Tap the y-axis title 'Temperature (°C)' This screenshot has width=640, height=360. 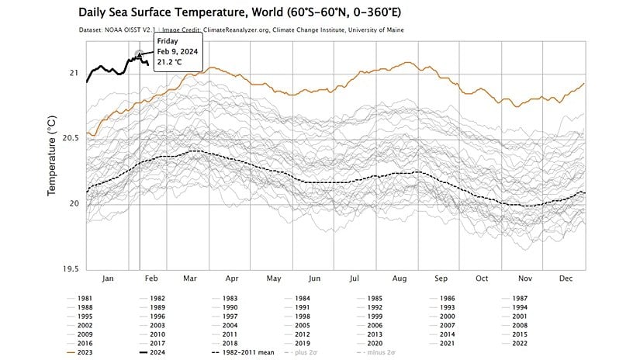click(52, 154)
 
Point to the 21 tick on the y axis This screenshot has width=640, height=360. click(74, 73)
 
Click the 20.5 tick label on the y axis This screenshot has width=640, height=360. click(70, 138)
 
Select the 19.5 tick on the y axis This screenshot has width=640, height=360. click(70, 269)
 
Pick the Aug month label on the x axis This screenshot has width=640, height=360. click(400, 278)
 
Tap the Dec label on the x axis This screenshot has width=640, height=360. click(565, 278)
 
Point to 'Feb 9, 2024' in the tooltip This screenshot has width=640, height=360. click(178, 52)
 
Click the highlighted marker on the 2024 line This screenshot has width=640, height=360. click(140, 54)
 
